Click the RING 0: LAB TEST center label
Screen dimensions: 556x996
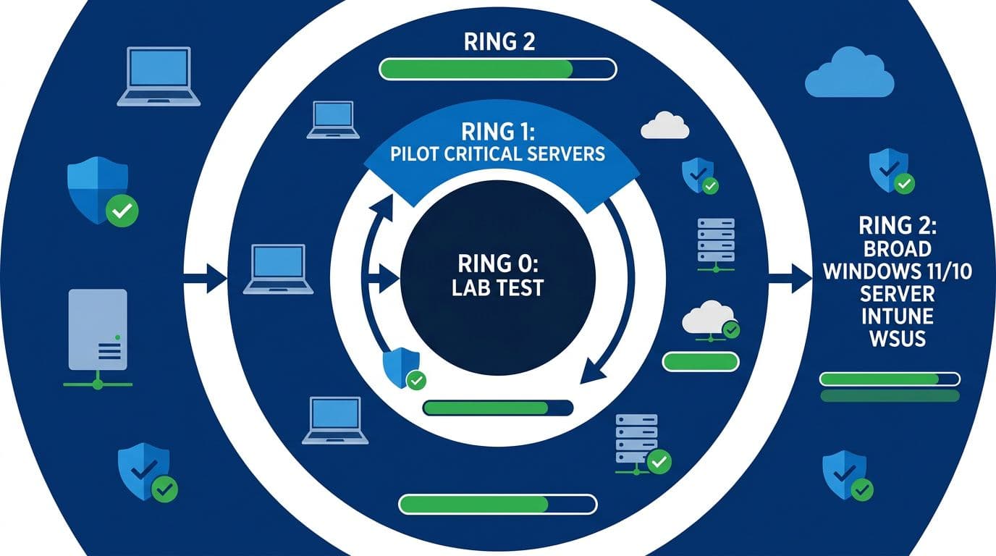497,274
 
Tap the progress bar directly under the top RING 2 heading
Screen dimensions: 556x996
497,69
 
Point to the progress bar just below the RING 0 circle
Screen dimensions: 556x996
497,408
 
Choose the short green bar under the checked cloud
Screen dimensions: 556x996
700,361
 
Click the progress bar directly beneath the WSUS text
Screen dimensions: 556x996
890,379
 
